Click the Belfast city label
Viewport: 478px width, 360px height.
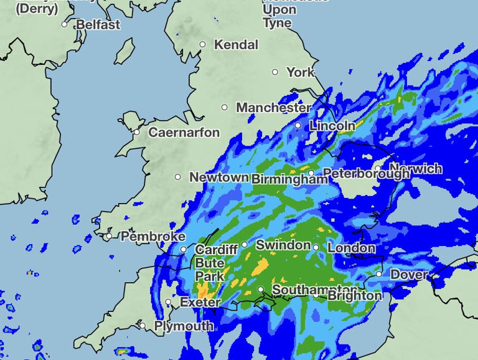(x=98, y=25)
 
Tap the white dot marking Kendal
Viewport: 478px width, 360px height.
(x=202, y=44)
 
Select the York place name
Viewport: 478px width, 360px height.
(x=301, y=72)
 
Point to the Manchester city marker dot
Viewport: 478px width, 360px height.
(x=225, y=107)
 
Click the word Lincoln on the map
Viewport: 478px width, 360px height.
(x=332, y=126)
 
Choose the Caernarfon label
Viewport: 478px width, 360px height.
(x=184, y=133)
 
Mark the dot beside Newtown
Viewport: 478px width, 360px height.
(x=178, y=177)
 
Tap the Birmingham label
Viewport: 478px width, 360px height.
(x=289, y=179)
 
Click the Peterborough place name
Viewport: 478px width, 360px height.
(x=367, y=174)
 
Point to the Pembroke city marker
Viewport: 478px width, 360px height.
(x=109, y=236)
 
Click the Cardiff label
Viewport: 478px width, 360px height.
(x=216, y=250)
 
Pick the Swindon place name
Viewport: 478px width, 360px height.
(x=283, y=245)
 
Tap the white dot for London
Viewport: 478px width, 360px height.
(x=316, y=247)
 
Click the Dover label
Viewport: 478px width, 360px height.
(x=409, y=275)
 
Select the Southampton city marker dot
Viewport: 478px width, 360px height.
(x=261, y=290)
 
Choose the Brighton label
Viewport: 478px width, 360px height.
(x=354, y=296)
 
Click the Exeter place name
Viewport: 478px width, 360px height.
(x=200, y=303)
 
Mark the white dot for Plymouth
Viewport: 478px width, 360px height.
(x=143, y=326)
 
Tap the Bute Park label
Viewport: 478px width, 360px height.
(x=209, y=270)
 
